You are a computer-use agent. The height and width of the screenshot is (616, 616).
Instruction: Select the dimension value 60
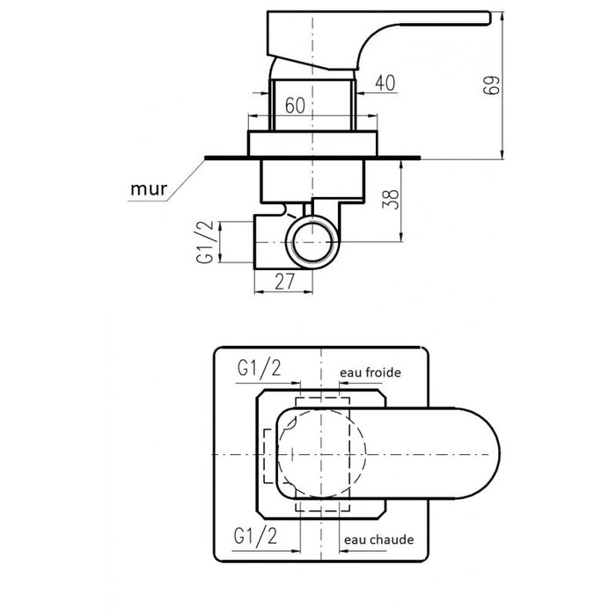coord(295,105)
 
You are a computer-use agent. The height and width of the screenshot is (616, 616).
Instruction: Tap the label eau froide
coord(370,372)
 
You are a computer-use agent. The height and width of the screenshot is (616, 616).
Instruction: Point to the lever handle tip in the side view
coord(480,15)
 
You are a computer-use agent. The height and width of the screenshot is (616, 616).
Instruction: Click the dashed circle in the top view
coord(320,455)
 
